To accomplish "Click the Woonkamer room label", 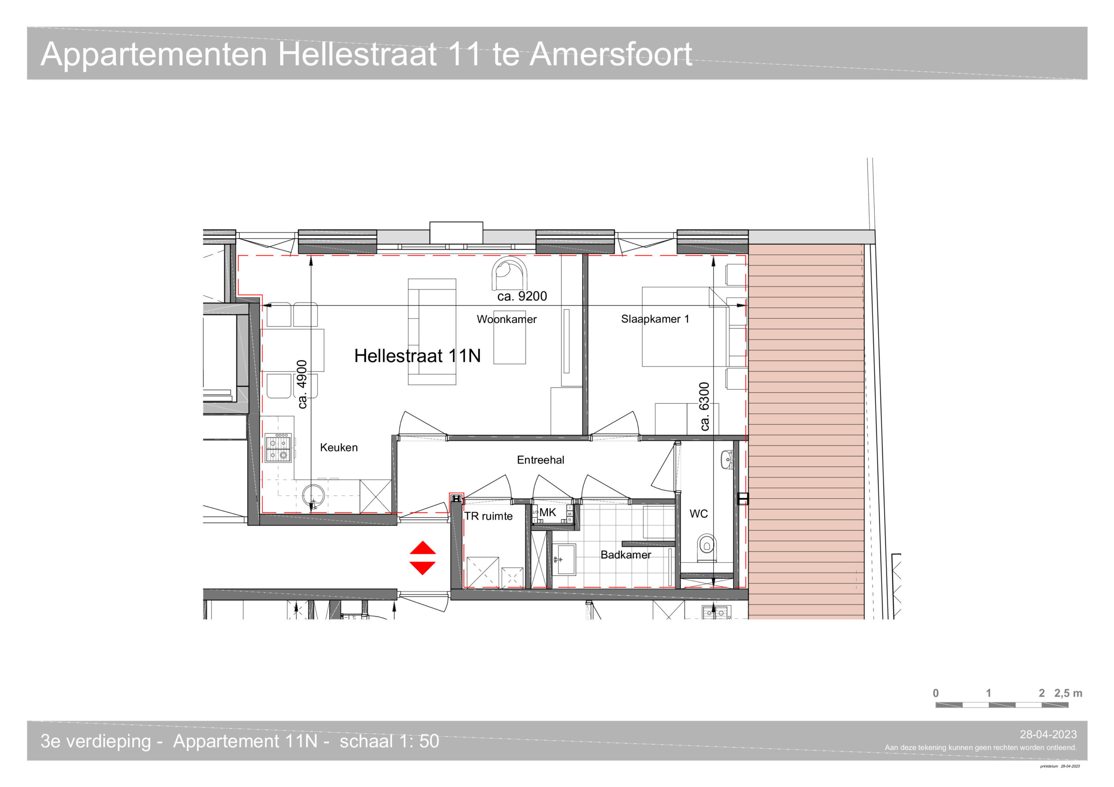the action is coord(507,319).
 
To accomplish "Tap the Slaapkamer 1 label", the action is coord(655,319).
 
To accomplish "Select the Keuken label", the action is coord(339,447).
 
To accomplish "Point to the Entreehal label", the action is coord(540,460).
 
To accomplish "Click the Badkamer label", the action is coord(626,554).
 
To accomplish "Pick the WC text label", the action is coord(699,514).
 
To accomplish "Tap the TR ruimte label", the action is coord(489,516).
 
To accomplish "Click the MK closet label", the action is coord(548,512).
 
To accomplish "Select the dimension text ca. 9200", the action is coord(522,296).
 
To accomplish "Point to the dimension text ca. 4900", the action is coord(302,384).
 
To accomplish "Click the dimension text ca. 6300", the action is coord(704,407).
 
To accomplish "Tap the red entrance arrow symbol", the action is coord(423,558).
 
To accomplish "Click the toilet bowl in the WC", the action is coord(706,547).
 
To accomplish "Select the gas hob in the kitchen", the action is coord(278,447).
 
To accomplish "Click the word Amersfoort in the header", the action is coord(611,54).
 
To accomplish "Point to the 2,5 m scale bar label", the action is coord(1068,693).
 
